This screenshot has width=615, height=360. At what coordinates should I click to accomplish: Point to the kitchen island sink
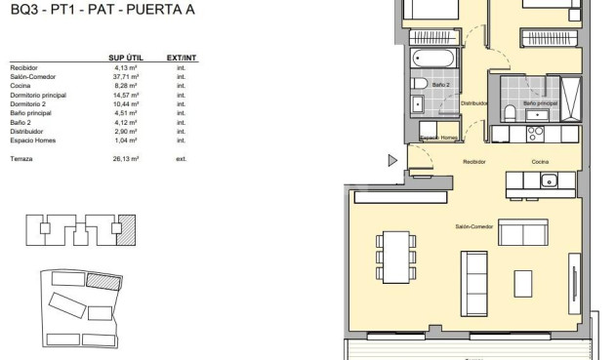tap(549, 180)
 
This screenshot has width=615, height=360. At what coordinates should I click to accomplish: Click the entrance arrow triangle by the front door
tap(392, 160)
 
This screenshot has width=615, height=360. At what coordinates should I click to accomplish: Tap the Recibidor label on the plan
tap(474, 162)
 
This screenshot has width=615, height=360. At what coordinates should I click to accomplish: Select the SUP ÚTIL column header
tap(127, 58)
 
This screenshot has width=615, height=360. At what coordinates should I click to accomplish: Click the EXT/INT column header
tap(182, 58)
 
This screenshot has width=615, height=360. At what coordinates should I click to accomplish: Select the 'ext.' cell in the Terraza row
tap(181, 157)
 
